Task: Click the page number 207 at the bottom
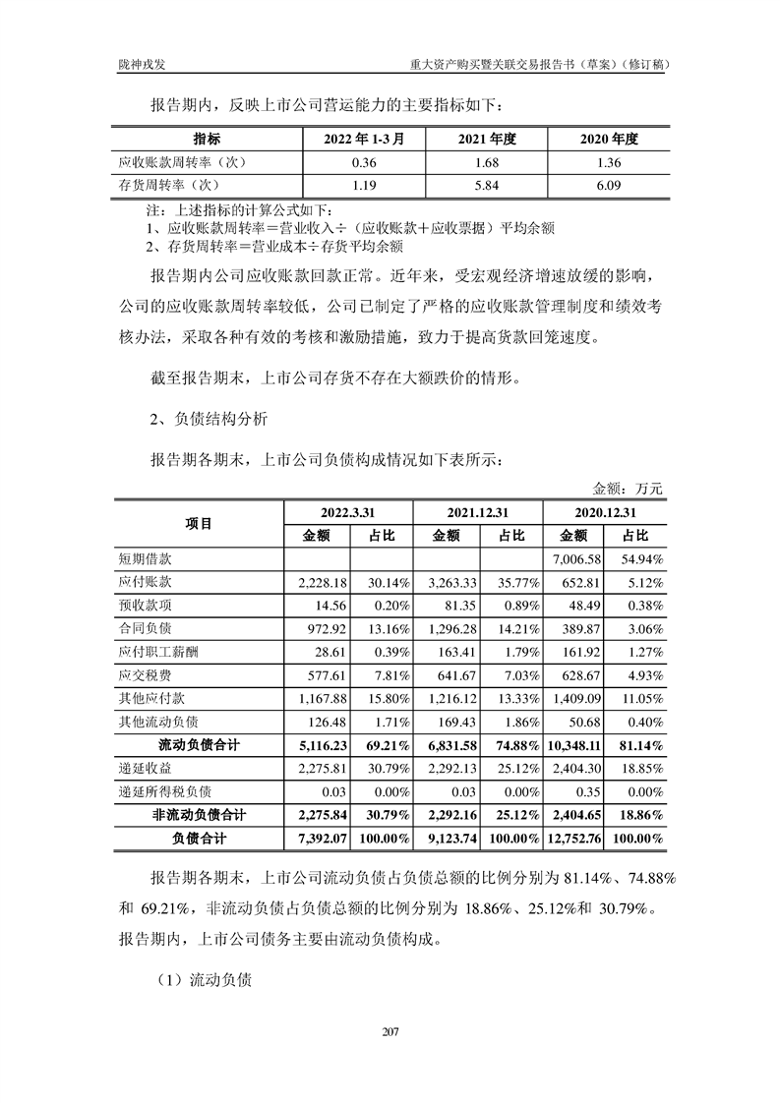(390, 1031)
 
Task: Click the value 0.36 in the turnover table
(350, 161)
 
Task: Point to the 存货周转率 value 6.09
(607, 184)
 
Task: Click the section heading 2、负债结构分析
(203, 419)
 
